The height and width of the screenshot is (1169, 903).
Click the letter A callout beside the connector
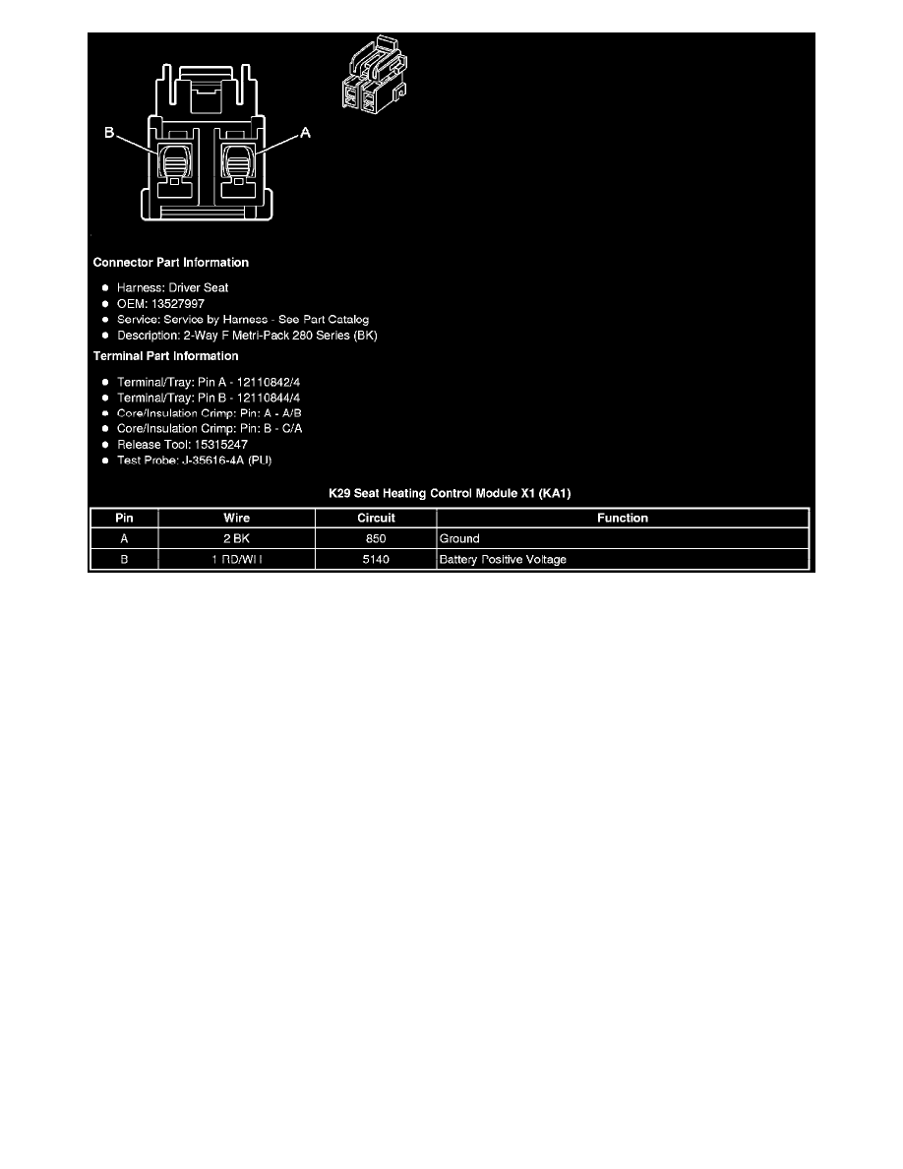[304, 133]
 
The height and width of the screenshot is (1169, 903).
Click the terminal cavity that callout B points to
[173, 159]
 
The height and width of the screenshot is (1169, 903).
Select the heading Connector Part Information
[170, 263]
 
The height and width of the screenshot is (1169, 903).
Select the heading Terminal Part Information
[165, 356]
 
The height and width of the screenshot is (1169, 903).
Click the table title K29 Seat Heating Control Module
[449, 492]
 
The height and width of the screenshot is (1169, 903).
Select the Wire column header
[236, 518]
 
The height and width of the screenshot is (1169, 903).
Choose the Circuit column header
[376, 518]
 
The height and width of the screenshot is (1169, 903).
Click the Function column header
[623, 518]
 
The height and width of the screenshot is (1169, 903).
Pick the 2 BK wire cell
[236, 539]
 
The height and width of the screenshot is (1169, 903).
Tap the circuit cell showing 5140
[376, 560]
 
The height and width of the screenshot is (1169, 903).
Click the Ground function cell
[459, 539]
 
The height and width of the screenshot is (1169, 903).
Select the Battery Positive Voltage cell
[503, 560]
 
